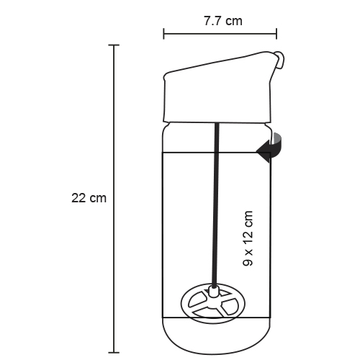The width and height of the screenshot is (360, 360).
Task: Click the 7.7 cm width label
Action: click(223, 21)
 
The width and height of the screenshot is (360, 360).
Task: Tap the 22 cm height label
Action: click(89, 198)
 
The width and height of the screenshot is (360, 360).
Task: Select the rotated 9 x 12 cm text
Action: click(248, 238)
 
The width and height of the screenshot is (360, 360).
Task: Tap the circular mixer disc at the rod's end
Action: click(213, 303)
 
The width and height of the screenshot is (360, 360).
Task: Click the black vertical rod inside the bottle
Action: click(215, 204)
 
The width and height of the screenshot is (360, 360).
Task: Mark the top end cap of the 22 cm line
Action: click(114, 45)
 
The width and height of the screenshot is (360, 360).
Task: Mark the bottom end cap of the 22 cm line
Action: click(114, 353)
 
